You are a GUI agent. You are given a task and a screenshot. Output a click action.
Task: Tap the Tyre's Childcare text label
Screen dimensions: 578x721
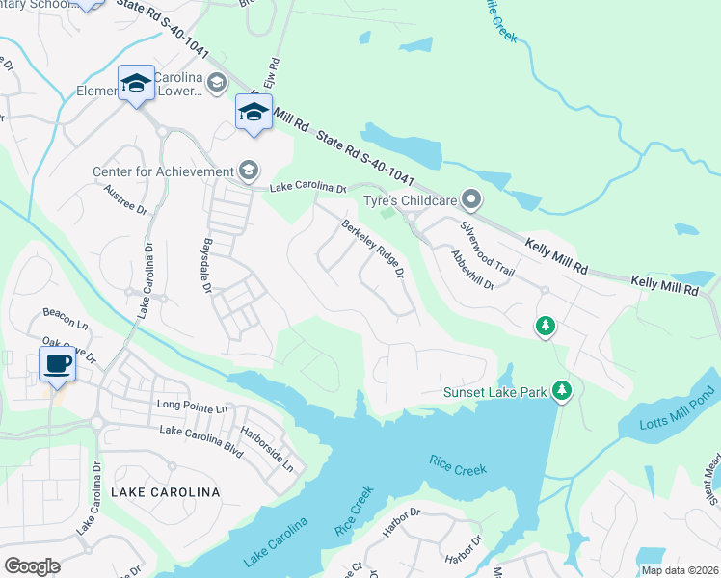408,200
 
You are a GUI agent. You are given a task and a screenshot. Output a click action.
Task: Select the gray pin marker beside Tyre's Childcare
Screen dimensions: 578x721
470,199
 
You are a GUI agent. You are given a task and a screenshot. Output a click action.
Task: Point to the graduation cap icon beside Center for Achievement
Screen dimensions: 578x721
249,171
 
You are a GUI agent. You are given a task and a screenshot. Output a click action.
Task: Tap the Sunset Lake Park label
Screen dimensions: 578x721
494,392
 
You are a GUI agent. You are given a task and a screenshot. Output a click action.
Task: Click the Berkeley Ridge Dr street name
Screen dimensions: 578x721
371,249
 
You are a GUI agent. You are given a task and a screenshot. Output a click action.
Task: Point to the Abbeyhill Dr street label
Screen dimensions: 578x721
472,270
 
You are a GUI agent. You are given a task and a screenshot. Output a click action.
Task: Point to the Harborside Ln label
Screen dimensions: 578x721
266,449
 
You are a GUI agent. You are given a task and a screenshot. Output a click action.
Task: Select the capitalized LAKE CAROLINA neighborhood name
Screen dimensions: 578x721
165,492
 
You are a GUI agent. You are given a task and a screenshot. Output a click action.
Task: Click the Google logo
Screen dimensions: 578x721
32,566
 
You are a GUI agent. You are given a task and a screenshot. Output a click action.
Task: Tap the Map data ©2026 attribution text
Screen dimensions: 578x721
680,570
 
